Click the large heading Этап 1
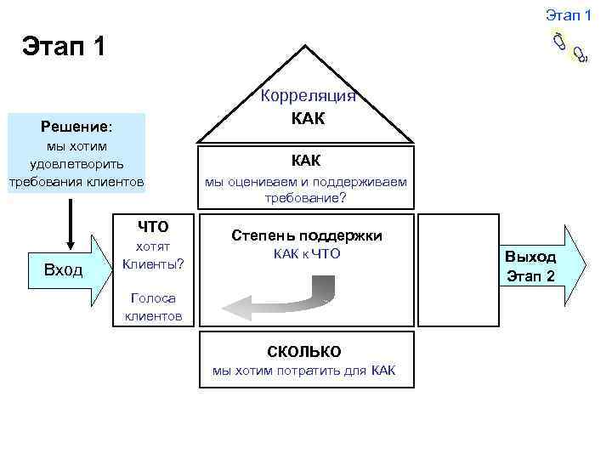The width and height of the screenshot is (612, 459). pyautogui.click(x=65, y=44)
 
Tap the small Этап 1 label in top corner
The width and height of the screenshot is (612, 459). pyautogui.click(x=568, y=14)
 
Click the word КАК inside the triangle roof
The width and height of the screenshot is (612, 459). pyautogui.click(x=307, y=117)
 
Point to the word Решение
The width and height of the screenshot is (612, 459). pyautogui.click(x=76, y=127)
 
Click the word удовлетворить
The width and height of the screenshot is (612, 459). pyautogui.click(x=76, y=163)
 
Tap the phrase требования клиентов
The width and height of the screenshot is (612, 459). pyautogui.click(x=76, y=181)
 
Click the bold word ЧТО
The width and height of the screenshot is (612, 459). pyautogui.click(x=153, y=226)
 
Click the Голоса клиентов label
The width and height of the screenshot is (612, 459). pyautogui.click(x=153, y=307)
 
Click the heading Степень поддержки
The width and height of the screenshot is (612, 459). pyautogui.click(x=307, y=235)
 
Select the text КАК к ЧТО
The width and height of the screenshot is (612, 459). pyautogui.click(x=307, y=253)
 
